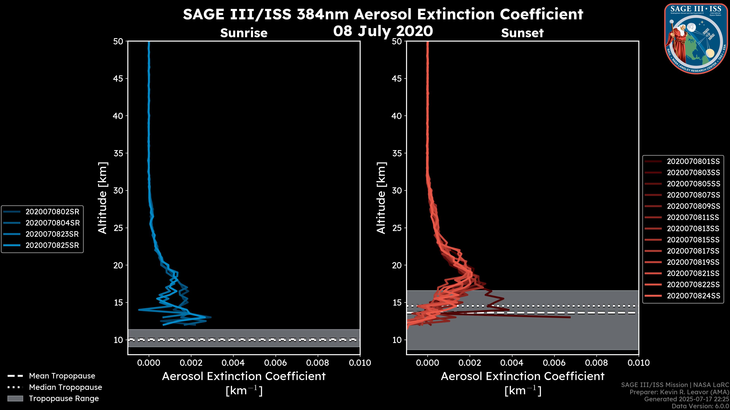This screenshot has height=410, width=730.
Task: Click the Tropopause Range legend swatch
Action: [x=15, y=398]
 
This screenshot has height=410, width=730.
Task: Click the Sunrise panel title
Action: [x=244, y=33]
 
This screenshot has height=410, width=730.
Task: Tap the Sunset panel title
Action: [x=522, y=33]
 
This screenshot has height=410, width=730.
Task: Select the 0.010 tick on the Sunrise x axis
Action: [x=360, y=363]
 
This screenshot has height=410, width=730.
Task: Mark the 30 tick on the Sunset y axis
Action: [x=397, y=190]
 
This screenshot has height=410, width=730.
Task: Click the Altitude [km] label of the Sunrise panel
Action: [x=103, y=198]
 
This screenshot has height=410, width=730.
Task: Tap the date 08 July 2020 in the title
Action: [x=383, y=31]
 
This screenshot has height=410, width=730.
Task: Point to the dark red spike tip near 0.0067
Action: [x=570, y=317]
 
